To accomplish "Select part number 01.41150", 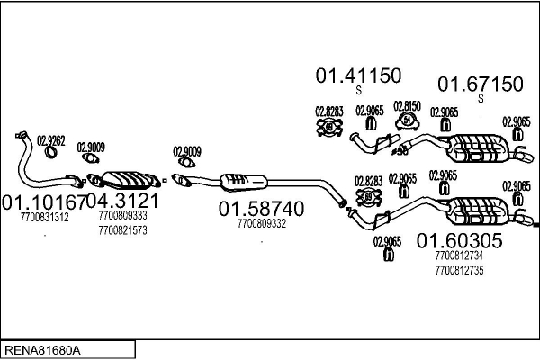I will (357, 76).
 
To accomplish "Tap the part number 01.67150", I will (480, 85).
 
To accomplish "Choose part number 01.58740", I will (261, 209).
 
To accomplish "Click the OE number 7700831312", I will (44, 217).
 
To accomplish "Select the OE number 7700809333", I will (122, 217).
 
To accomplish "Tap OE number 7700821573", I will (122, 230).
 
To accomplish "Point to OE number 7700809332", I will (261, 224).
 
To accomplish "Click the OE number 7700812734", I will (458, 256).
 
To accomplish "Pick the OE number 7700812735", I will (458, 270).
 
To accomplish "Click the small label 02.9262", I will (50, 139).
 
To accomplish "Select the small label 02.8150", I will (408, 106).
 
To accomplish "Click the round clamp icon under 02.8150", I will (408, 121).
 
